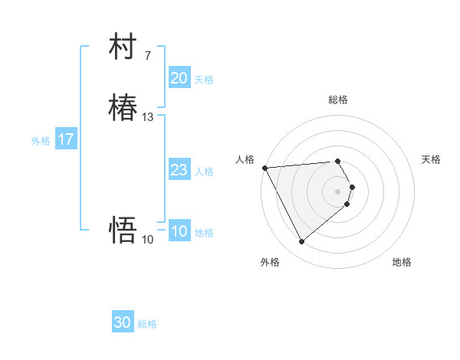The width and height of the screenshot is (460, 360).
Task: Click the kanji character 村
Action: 123,47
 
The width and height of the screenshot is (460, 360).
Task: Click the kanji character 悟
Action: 123,229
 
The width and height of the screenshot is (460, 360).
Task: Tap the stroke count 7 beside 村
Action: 148,56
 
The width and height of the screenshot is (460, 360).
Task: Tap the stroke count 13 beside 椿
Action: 148,117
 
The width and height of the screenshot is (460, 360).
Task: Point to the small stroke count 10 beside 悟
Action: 148,240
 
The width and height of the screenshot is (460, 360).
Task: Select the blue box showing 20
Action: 179,78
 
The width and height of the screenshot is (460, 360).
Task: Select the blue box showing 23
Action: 179,170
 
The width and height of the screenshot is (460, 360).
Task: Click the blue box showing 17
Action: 66,139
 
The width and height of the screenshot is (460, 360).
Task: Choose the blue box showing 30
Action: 123,322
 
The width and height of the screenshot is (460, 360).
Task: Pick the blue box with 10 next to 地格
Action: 179,231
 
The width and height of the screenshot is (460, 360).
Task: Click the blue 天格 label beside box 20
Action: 204,80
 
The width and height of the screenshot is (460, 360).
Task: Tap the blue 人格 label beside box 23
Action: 204,172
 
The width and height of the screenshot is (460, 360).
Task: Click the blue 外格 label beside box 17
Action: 41,141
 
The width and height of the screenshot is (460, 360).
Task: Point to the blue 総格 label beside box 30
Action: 147,324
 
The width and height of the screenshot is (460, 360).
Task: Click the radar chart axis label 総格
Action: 338,100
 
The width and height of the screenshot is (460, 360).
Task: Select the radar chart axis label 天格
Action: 431,159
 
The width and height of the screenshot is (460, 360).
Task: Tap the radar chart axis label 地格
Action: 402,262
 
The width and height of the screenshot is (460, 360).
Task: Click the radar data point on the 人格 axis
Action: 264,168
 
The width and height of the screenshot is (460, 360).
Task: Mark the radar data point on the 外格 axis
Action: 301,242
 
